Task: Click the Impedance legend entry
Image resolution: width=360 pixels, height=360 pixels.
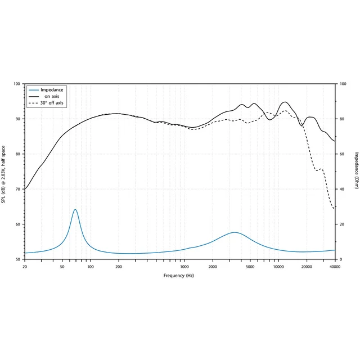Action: click(52, 90)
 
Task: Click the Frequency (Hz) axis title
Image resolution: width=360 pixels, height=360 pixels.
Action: click(178, 276)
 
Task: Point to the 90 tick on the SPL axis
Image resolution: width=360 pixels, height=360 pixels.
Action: click(17, 119)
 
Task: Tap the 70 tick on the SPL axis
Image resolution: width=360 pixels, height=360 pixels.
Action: click(17, 189)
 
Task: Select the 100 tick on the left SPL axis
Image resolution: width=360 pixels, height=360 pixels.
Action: click(17, 84)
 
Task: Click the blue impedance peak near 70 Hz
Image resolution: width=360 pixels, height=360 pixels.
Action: click(75, 209)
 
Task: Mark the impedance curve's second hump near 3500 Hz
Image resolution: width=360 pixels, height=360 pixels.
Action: click(235, 232)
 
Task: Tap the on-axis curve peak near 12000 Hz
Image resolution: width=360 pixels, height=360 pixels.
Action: click(286, 102)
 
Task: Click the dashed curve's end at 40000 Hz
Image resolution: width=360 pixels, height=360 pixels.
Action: click(335, 209)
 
